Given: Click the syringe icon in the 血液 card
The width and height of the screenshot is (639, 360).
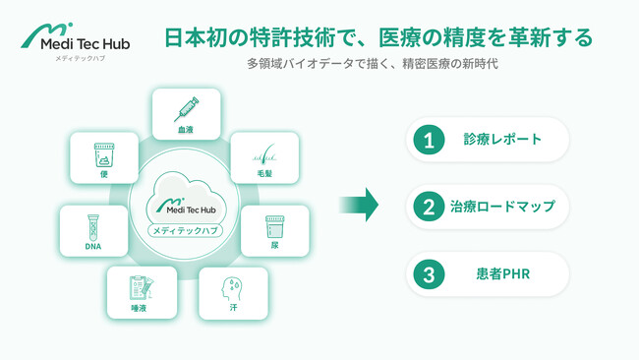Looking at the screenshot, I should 186,108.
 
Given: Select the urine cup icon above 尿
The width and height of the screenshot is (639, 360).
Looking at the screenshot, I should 274,227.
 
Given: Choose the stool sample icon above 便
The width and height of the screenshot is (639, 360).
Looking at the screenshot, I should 103,155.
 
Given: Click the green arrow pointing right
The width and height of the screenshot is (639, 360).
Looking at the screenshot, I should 359,205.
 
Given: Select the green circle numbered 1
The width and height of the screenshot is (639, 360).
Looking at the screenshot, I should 429,140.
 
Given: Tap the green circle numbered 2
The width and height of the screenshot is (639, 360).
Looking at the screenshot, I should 429,207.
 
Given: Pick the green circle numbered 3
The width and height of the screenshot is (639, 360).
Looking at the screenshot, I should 429,273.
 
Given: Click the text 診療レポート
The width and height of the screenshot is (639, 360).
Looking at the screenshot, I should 502,140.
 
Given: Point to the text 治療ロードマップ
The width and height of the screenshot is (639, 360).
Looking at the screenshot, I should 502,207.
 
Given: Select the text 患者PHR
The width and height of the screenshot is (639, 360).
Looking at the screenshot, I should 502,273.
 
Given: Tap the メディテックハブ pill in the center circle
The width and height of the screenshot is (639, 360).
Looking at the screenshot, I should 185,230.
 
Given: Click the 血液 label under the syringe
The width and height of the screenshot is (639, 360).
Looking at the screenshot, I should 186,129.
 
